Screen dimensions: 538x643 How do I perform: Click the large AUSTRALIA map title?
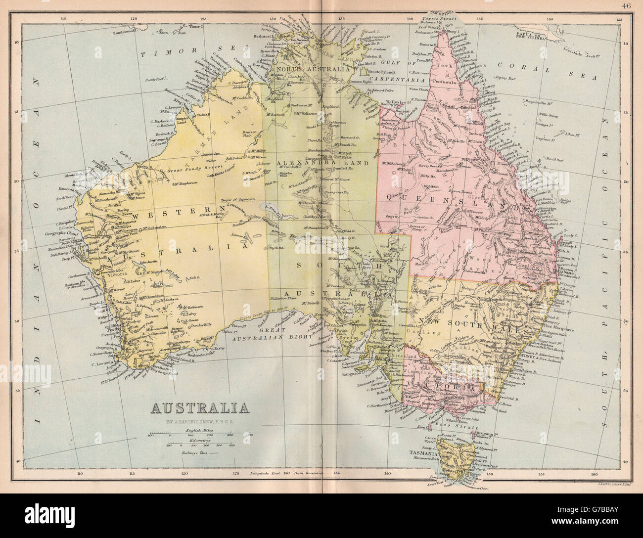pos(200,408)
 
